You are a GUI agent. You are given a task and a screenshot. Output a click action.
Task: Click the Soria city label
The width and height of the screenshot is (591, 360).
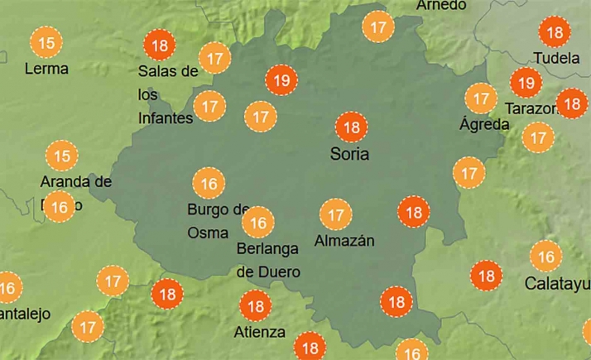click(x=349, y=154)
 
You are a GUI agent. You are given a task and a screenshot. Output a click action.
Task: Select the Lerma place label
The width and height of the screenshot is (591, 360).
click(x=46, y=68)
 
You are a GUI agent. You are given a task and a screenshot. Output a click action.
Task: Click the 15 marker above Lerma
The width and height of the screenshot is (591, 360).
click(x=47, y=42)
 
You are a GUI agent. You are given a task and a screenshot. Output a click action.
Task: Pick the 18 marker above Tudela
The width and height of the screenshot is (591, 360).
click(x=555, y=33)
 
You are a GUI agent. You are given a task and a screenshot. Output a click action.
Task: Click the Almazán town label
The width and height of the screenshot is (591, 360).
click(x=344, y=241)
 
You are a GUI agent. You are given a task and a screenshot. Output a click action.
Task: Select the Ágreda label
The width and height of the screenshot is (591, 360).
click(x=483, y=124)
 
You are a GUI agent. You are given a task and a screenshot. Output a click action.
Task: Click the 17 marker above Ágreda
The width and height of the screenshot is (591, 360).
click(x=480, y=98)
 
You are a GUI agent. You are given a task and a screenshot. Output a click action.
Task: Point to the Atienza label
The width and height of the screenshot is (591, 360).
click(x=260, y=332)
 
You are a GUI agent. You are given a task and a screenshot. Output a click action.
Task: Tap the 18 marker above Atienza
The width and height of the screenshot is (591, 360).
click(x=255, y=307)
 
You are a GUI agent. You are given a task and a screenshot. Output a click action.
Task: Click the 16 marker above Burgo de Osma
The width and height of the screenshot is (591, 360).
click(x=209, y=183)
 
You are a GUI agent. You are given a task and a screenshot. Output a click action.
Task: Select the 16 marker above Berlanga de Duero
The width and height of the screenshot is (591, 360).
click(x=258, y=222)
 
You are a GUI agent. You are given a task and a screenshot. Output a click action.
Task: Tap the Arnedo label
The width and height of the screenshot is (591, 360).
click(x=441, y=6)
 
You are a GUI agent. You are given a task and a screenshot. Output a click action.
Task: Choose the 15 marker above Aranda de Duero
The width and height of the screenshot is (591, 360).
click(x=61, y=155)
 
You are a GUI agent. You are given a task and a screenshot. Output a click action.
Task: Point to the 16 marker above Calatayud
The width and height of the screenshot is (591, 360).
click(x=546, y=257)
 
